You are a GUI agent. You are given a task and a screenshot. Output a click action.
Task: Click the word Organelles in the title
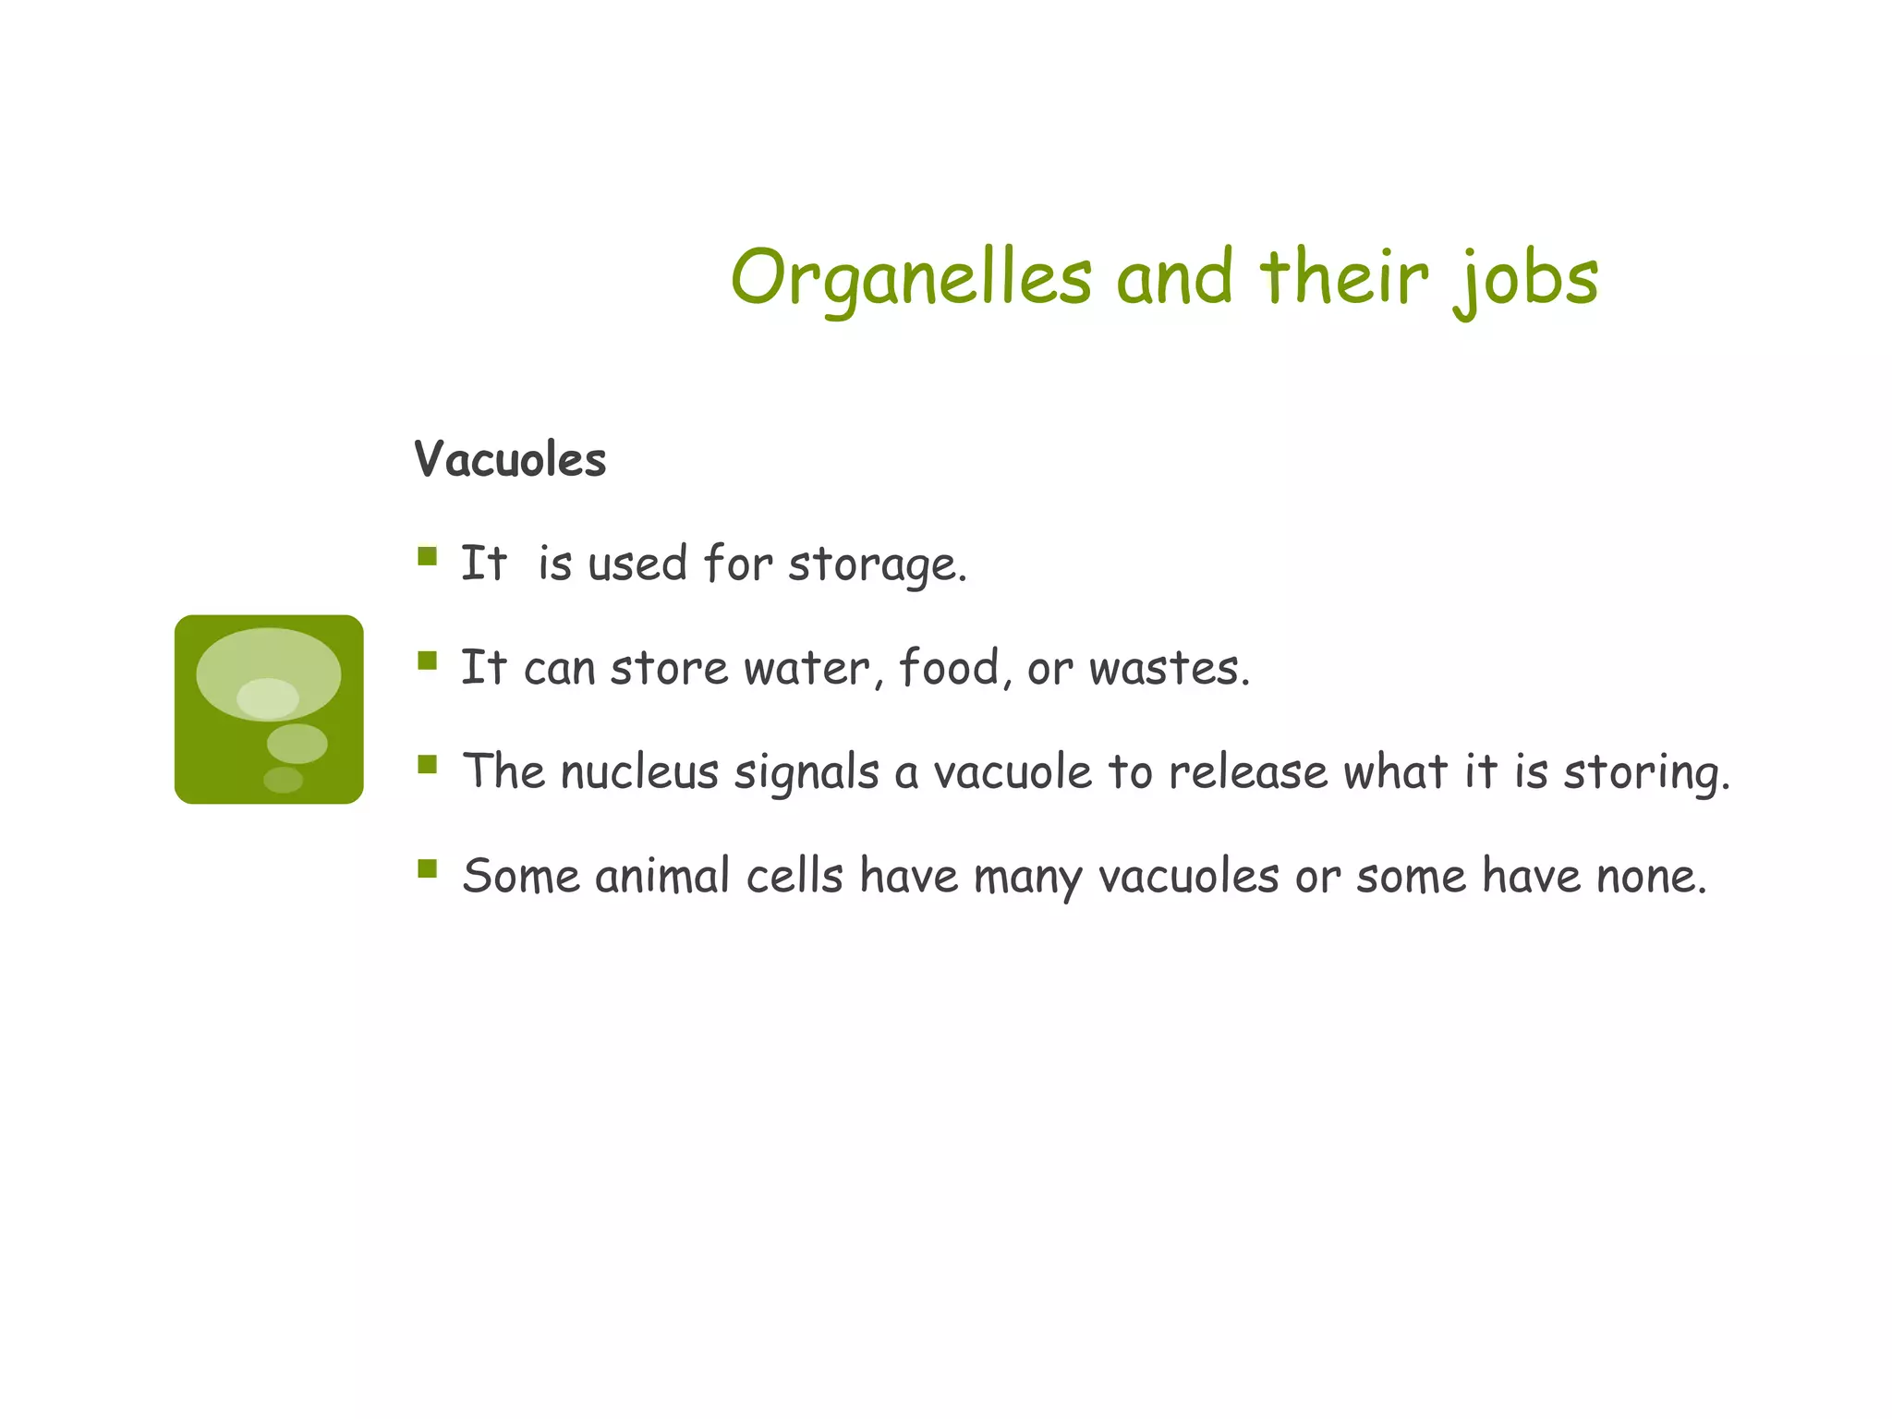[x=911, y=277]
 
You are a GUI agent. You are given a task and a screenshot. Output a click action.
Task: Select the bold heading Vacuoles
[x=510, y=459]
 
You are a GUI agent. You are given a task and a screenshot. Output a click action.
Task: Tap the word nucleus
[x=639, y=772]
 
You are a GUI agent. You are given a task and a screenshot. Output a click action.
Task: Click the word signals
[x=806, y=773]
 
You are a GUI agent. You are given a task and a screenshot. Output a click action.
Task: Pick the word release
[x=1247, y=772]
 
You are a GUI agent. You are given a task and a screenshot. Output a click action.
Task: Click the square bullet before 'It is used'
[x=427, y=556]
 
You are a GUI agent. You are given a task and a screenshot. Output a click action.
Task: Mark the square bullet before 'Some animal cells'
[x=427, y=868]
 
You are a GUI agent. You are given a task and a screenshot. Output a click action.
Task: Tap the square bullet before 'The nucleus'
[x=427, y=764]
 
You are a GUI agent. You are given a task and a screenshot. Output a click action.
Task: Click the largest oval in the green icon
[x=268, y=661]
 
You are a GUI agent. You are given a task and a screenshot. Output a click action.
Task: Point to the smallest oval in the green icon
[x=283, y=780]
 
